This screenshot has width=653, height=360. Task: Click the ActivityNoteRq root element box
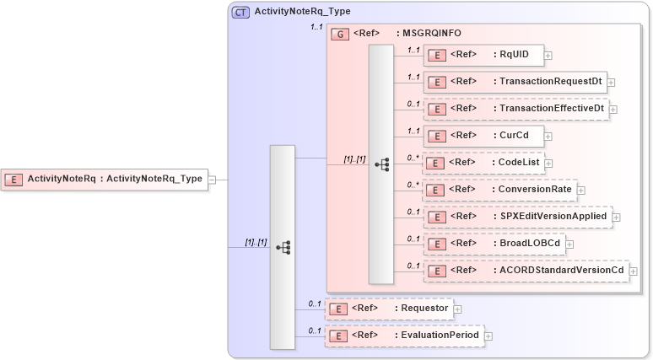point(105,179)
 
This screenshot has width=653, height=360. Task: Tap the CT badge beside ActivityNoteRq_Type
point(240,12)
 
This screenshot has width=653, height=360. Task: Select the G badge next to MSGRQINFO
point(340,34)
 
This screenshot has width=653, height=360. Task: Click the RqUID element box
point(483,55)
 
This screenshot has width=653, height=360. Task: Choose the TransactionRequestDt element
point(515,82)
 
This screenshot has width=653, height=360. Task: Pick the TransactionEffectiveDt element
point(515,109)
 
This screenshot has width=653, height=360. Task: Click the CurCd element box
point(483,136)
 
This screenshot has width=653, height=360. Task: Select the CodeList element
point(483,163)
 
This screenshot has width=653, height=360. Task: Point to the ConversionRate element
point(499,190)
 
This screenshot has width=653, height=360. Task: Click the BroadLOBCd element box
point(494,244)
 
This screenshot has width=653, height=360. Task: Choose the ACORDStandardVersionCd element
point(526,271)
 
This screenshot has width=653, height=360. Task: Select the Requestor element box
point(389,309)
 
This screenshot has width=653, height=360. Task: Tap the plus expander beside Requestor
point(458,309)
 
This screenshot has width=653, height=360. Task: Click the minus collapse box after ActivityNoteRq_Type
point(213,179)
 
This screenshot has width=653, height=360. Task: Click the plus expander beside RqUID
point(548,56)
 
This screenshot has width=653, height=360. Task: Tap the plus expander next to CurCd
point(548,137)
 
